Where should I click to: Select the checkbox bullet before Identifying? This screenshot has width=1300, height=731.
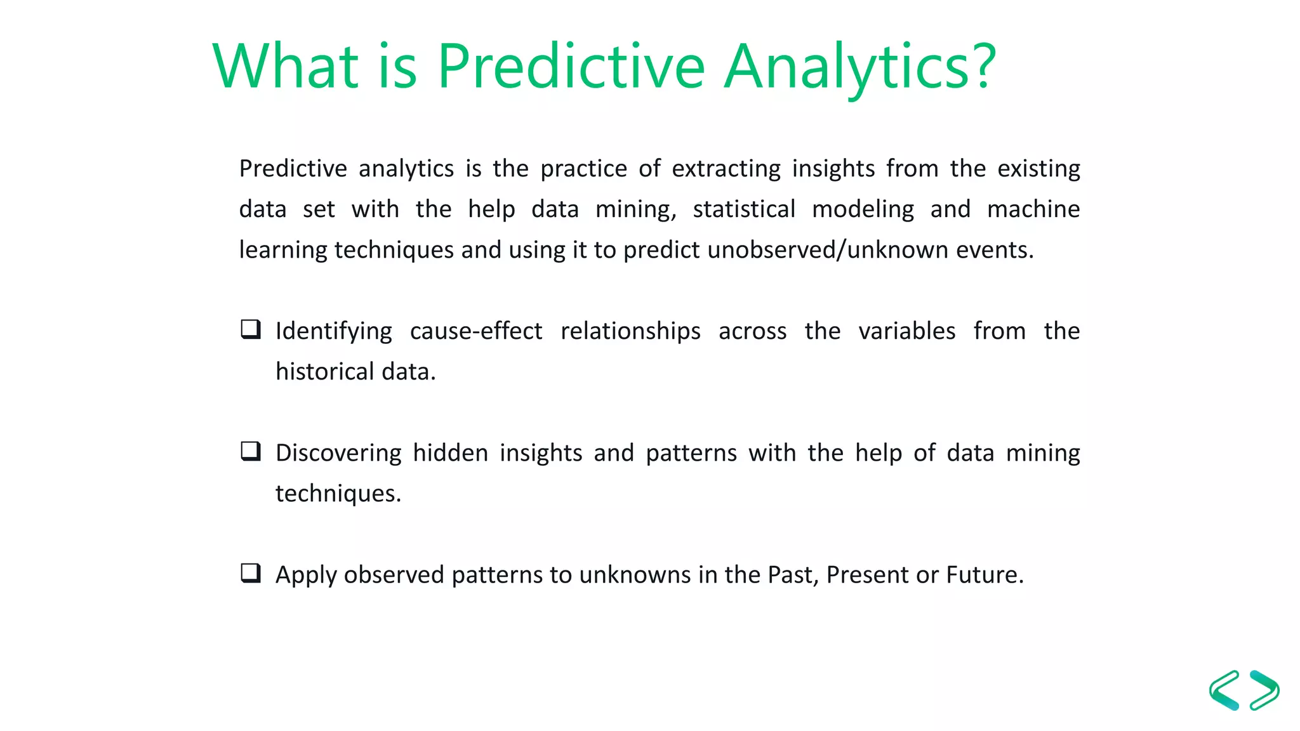251,329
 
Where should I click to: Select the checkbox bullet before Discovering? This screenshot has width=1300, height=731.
251,451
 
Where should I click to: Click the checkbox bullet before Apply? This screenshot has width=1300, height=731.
251,573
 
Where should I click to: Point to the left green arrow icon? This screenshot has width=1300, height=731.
1224,690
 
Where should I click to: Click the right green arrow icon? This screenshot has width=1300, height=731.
1264,690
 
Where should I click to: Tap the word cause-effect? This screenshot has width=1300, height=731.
476,331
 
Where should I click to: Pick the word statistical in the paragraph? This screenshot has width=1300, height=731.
744,209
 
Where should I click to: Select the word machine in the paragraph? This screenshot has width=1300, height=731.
1033,209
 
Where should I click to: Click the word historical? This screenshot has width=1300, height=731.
324,372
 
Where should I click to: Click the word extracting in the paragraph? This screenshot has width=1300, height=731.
726,169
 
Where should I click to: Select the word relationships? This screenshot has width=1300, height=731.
630,331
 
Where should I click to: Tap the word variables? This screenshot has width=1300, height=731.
906,331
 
